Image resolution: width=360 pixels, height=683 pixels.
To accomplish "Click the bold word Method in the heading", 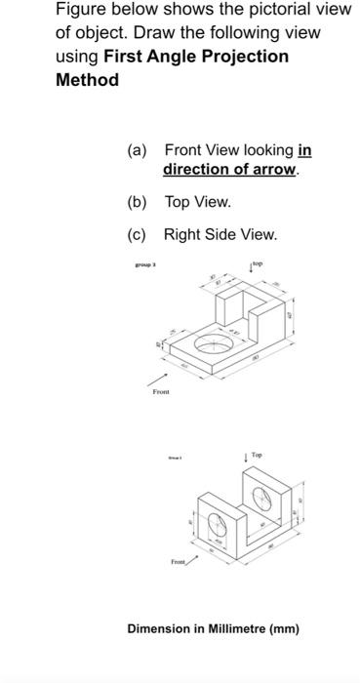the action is [87, 80].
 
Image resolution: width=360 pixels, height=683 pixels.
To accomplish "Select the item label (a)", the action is [137, 151].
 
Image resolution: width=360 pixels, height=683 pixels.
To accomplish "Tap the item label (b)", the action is [137, 202].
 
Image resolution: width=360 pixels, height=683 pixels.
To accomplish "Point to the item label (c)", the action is [137, 235].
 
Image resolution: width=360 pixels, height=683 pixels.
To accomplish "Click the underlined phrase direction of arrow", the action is [231, 170].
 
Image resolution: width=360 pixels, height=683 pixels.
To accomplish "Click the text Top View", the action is [197, 202].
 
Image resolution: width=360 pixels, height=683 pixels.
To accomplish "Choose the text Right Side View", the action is [220, 235].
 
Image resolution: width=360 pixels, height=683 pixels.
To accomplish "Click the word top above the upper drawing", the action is [259, 264].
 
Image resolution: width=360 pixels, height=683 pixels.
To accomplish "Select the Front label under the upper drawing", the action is [161, 391].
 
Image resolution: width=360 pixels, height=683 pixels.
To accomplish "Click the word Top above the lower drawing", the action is [256, 456].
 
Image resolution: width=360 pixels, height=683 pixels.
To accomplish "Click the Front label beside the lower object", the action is [178, 562].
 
